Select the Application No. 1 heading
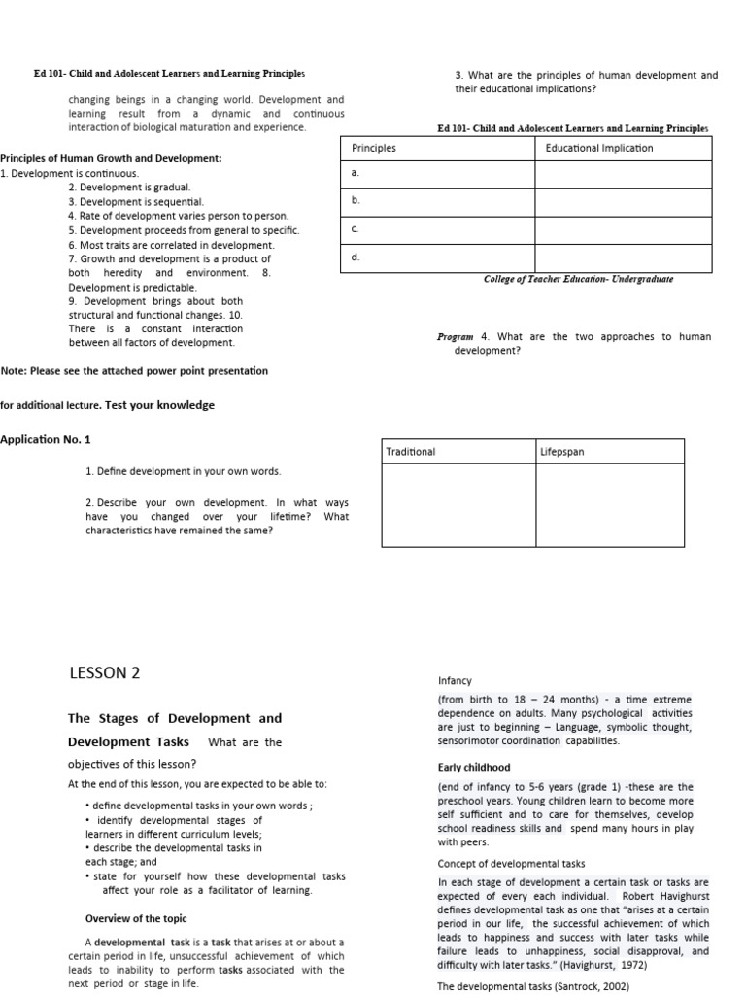(x=46, y=439)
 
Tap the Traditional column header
(x=411, y=452)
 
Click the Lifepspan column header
(x=562, y=452)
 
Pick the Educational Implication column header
(x=599, y=148)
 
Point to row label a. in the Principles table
(x=356, y=172)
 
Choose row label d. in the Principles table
(x=356, y=257)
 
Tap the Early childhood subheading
(x=474, y=768)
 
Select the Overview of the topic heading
(x=136, y=918)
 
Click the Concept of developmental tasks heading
(x=510, y=864)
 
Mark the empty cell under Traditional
(x=458, y=506)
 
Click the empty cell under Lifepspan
(x=610, y=506)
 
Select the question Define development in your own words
(x=183, y=471)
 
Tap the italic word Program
(x=455, y=337)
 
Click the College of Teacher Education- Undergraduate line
(x=578, y=279)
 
